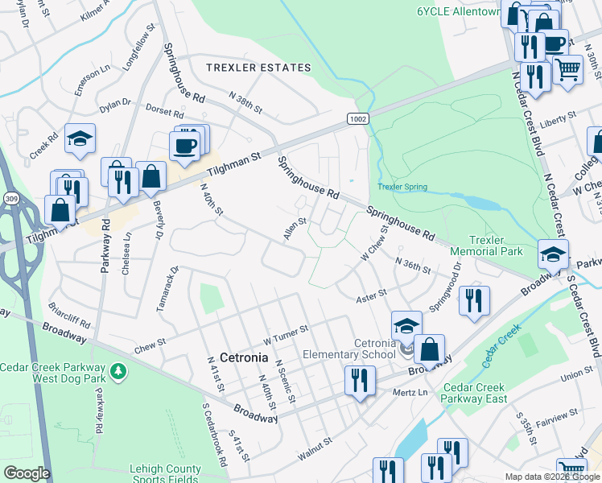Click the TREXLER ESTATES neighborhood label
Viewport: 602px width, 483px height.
tap(258, 68)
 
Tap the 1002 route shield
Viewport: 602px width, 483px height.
tap(358, 118)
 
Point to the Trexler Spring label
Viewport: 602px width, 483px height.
tap(402, 188)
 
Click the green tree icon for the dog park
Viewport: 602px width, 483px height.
tap(118, 371)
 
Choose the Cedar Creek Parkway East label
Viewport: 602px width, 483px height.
tap(484, 392)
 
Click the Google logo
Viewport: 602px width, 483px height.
tap(27, 473)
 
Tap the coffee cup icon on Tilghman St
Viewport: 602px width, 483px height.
tap(184, 144)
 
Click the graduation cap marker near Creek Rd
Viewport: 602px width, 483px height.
tap(80, 138)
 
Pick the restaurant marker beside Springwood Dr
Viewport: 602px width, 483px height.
tap(474, 300)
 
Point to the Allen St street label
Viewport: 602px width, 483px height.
tap(295, 231)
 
